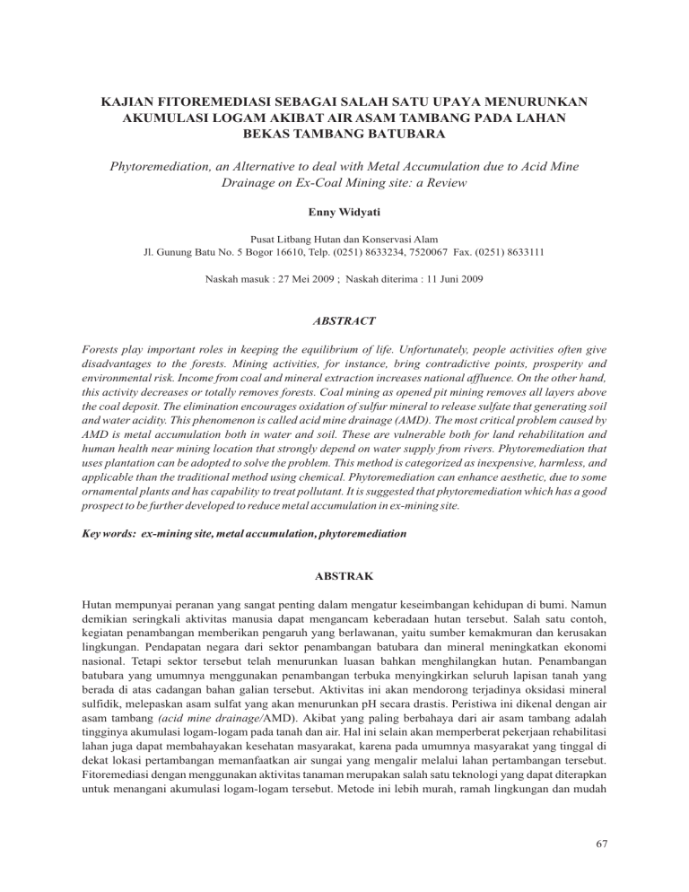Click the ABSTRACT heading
[x=344, y=318]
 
